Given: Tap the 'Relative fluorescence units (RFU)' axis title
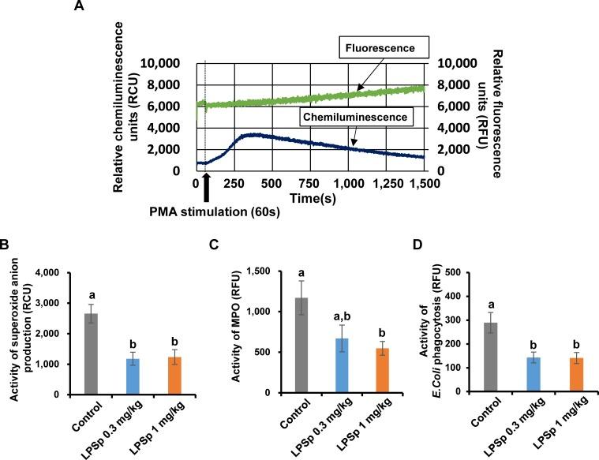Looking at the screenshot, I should pos(498,115).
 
